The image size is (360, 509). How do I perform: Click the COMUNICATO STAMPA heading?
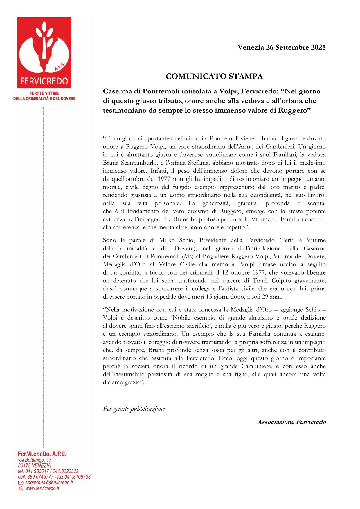[x=214, y=76]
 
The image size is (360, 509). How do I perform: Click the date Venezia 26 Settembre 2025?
[x=282, y=47]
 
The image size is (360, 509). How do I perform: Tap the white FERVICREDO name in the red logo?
[x=44, y=81]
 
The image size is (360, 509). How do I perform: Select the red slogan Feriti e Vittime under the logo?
[x=44, y=93]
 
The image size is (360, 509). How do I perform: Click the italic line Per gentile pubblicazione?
[x=134, y=409]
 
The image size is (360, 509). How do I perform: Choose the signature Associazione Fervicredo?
[x=291, y=422]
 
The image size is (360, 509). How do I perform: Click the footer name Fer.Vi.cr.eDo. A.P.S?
[x=42, y=454]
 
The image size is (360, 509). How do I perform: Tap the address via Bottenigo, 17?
[x=35, y=460]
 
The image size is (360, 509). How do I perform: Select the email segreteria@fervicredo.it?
[x=49, y=482]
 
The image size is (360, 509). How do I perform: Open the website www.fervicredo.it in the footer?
[x=42, y=488]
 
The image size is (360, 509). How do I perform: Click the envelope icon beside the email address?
[x=21, y=483]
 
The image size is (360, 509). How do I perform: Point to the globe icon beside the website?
[x=21, y=488]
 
